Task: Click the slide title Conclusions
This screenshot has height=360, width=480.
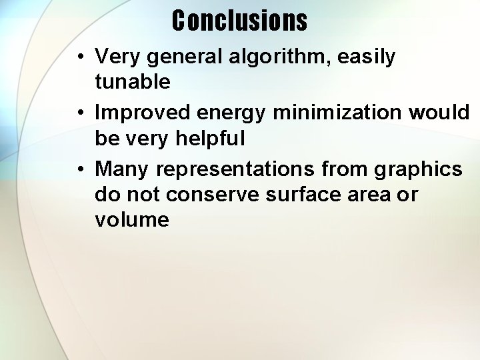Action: pos(239,20)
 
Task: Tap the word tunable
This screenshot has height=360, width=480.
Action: pos(133,82)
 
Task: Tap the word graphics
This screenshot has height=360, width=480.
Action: pos(418,170)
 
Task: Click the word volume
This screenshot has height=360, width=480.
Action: pos(132,219)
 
